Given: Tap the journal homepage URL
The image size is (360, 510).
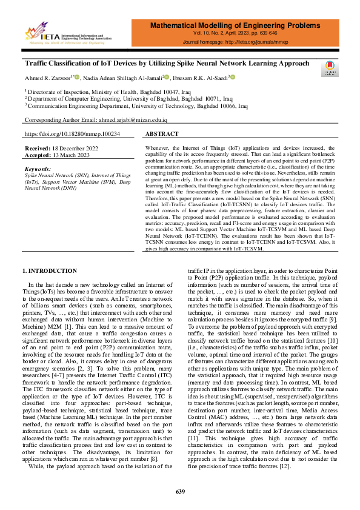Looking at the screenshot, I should pos(268,44).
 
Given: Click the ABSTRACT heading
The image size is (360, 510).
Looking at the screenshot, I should pos(162,133).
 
